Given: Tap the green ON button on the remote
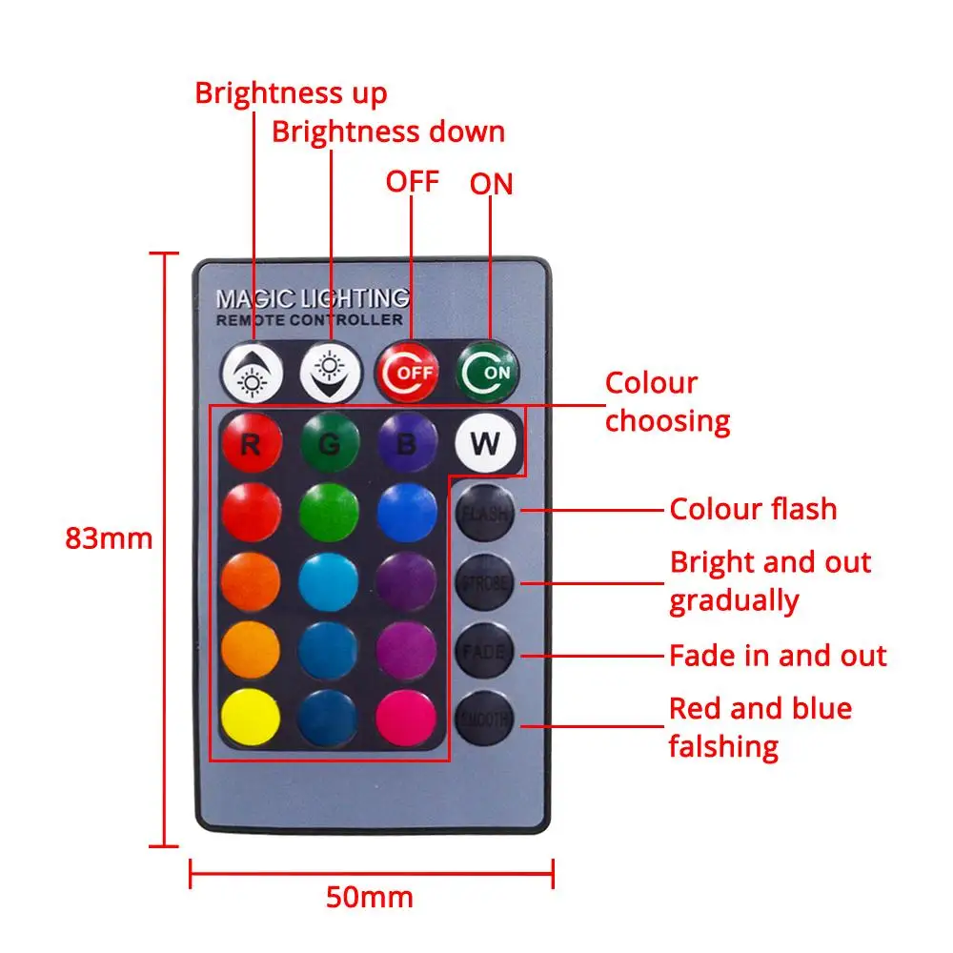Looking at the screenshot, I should [x=489, y=371].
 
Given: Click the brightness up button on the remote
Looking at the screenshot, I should [x=253, y=371].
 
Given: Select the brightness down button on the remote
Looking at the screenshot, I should [x=331, y=371].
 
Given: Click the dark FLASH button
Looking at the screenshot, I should [x=485, y=513].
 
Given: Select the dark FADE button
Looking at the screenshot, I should [x=485, y=653].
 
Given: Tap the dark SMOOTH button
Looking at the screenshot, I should [x=485, y=720].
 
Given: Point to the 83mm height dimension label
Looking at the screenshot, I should [x=109, y=538].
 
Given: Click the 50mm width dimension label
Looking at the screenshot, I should [x=370, y=897].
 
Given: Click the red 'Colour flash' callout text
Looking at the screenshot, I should [x=753, y=509].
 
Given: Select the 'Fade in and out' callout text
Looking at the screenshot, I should [x=778, y=656].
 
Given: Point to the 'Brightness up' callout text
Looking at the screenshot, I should [x=291, y=93].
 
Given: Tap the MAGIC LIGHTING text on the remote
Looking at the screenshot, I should [x=313, y=299].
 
